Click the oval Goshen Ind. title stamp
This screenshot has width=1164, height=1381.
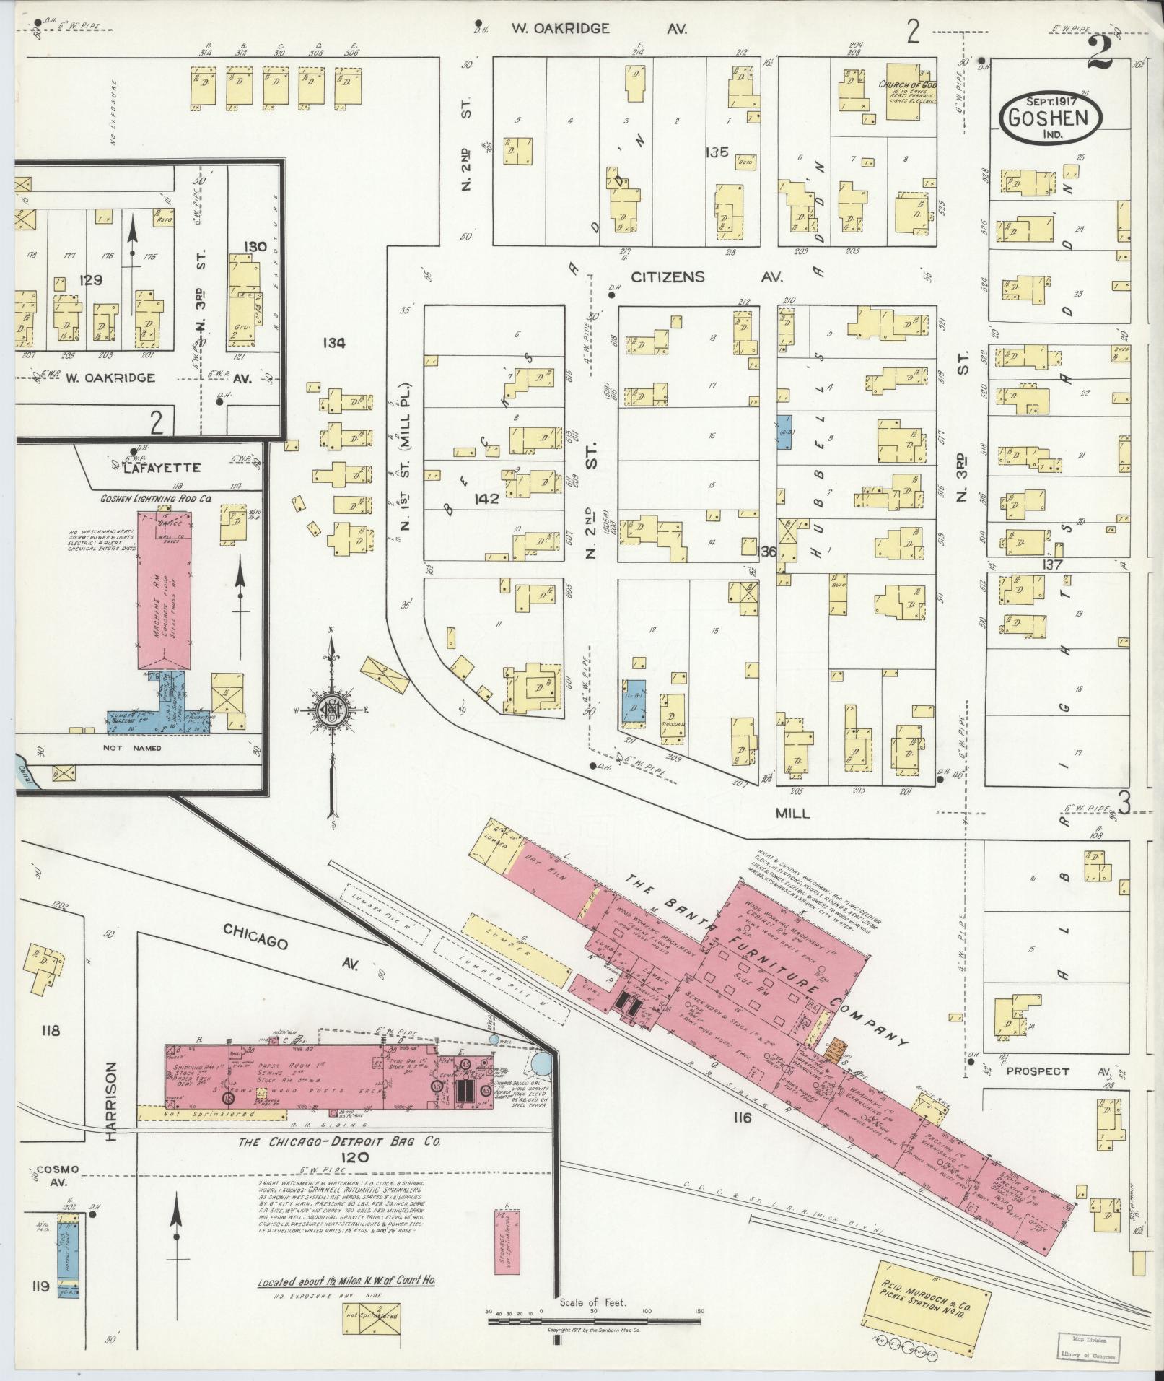click(x=1051, y=118)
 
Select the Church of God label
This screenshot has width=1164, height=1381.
click(x=906, y=86)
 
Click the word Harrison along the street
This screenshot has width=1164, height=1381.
click(x=110, y=1101)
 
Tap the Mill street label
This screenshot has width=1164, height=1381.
click(x=792, y=813)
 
